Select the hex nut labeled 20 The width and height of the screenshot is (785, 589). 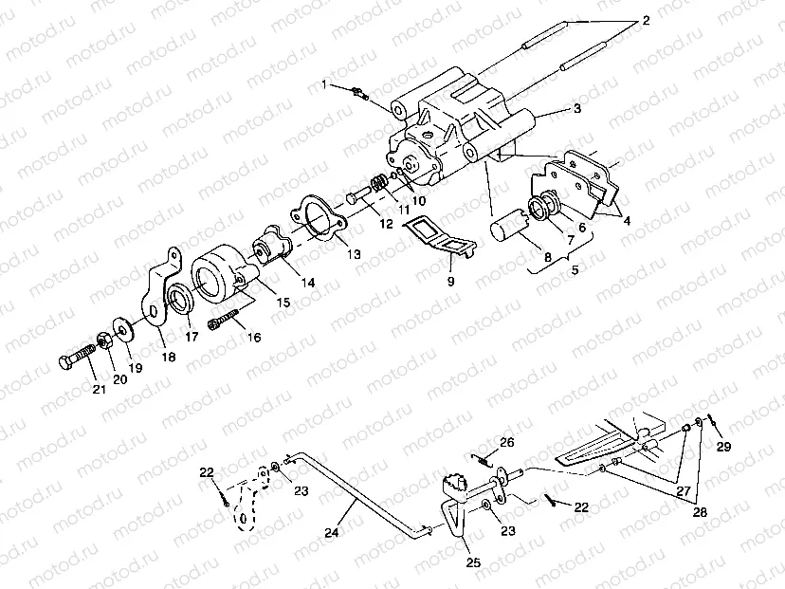click(x=104, y=341)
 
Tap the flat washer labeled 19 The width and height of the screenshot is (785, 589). click(x=121, y=327)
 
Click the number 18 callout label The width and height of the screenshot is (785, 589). click(x=169, y=357)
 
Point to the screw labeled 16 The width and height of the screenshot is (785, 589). click(x=224, y=320)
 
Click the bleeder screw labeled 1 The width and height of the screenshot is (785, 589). click(x=360, y=93)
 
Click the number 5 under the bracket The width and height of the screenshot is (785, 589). click(x=575, y=269)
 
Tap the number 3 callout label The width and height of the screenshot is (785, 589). click(x=577, y=108)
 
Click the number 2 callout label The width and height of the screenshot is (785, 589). click(x=646, y=21)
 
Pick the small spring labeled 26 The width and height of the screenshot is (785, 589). click(x=482, y=460)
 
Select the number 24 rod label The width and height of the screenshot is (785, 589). click(x=332, y=532)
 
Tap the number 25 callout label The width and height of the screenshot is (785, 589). click(x=473, y=562)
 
